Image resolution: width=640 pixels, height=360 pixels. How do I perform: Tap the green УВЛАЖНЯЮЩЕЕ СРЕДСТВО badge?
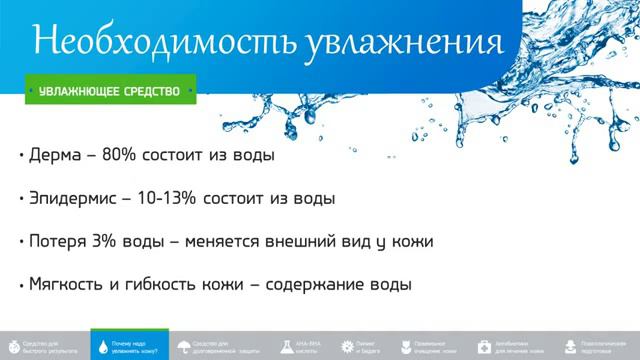110,91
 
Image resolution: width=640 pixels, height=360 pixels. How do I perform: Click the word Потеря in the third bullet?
59,242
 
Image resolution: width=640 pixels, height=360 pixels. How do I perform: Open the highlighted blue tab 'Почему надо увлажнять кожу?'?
129,343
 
